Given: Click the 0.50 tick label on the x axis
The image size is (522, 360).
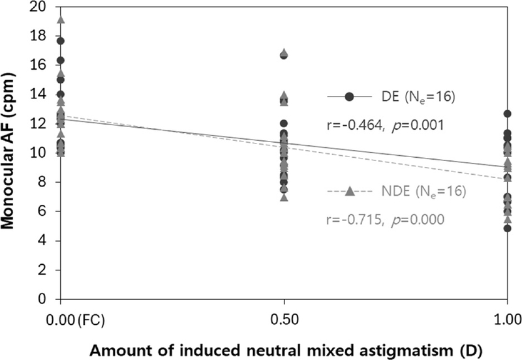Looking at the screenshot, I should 284,320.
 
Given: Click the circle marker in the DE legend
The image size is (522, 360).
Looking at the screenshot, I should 350,97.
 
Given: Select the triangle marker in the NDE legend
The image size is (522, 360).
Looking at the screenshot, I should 350,191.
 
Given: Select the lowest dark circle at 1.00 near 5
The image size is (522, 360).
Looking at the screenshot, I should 508,228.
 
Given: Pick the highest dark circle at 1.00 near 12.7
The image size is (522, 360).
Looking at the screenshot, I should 508,113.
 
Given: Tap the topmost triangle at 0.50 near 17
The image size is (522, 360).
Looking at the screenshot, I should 284,53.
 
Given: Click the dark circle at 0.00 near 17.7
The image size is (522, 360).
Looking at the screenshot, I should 61,41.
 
